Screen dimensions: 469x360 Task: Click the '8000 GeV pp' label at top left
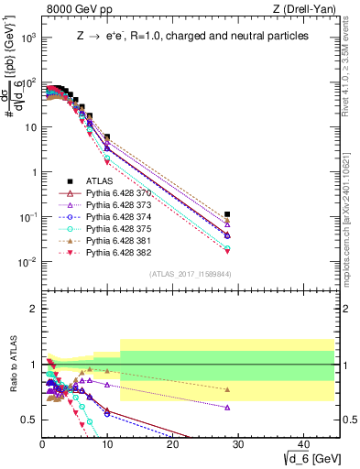pyautogui.click(x=76, y=10)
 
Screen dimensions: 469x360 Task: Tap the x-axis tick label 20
pyautogui.click(x=172, y=444)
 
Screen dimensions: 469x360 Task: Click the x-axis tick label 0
pyautogui.click(x=43, y=444)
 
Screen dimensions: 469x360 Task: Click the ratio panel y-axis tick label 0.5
pyautogui.click(x=31, y=420)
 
